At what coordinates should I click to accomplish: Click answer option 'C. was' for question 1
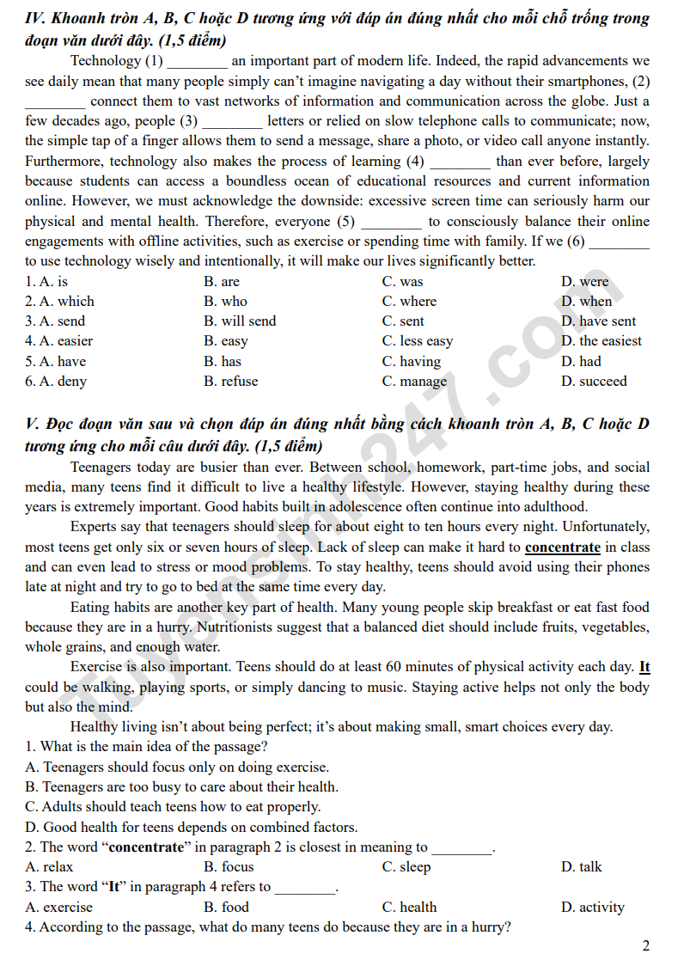402,282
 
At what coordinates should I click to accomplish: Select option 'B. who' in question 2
225,302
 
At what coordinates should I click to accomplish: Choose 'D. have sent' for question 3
598,321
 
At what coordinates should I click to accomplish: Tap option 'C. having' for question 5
411,362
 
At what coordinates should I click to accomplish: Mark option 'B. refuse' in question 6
230,382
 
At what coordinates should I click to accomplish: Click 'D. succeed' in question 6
594,382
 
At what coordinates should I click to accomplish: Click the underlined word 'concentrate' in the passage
562,547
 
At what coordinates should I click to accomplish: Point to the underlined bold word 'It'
644,667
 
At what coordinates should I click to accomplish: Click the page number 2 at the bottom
645,945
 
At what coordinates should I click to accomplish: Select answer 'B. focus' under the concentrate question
229,867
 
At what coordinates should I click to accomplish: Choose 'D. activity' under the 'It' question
593,908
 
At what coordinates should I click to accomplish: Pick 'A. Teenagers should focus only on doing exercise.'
177,767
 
